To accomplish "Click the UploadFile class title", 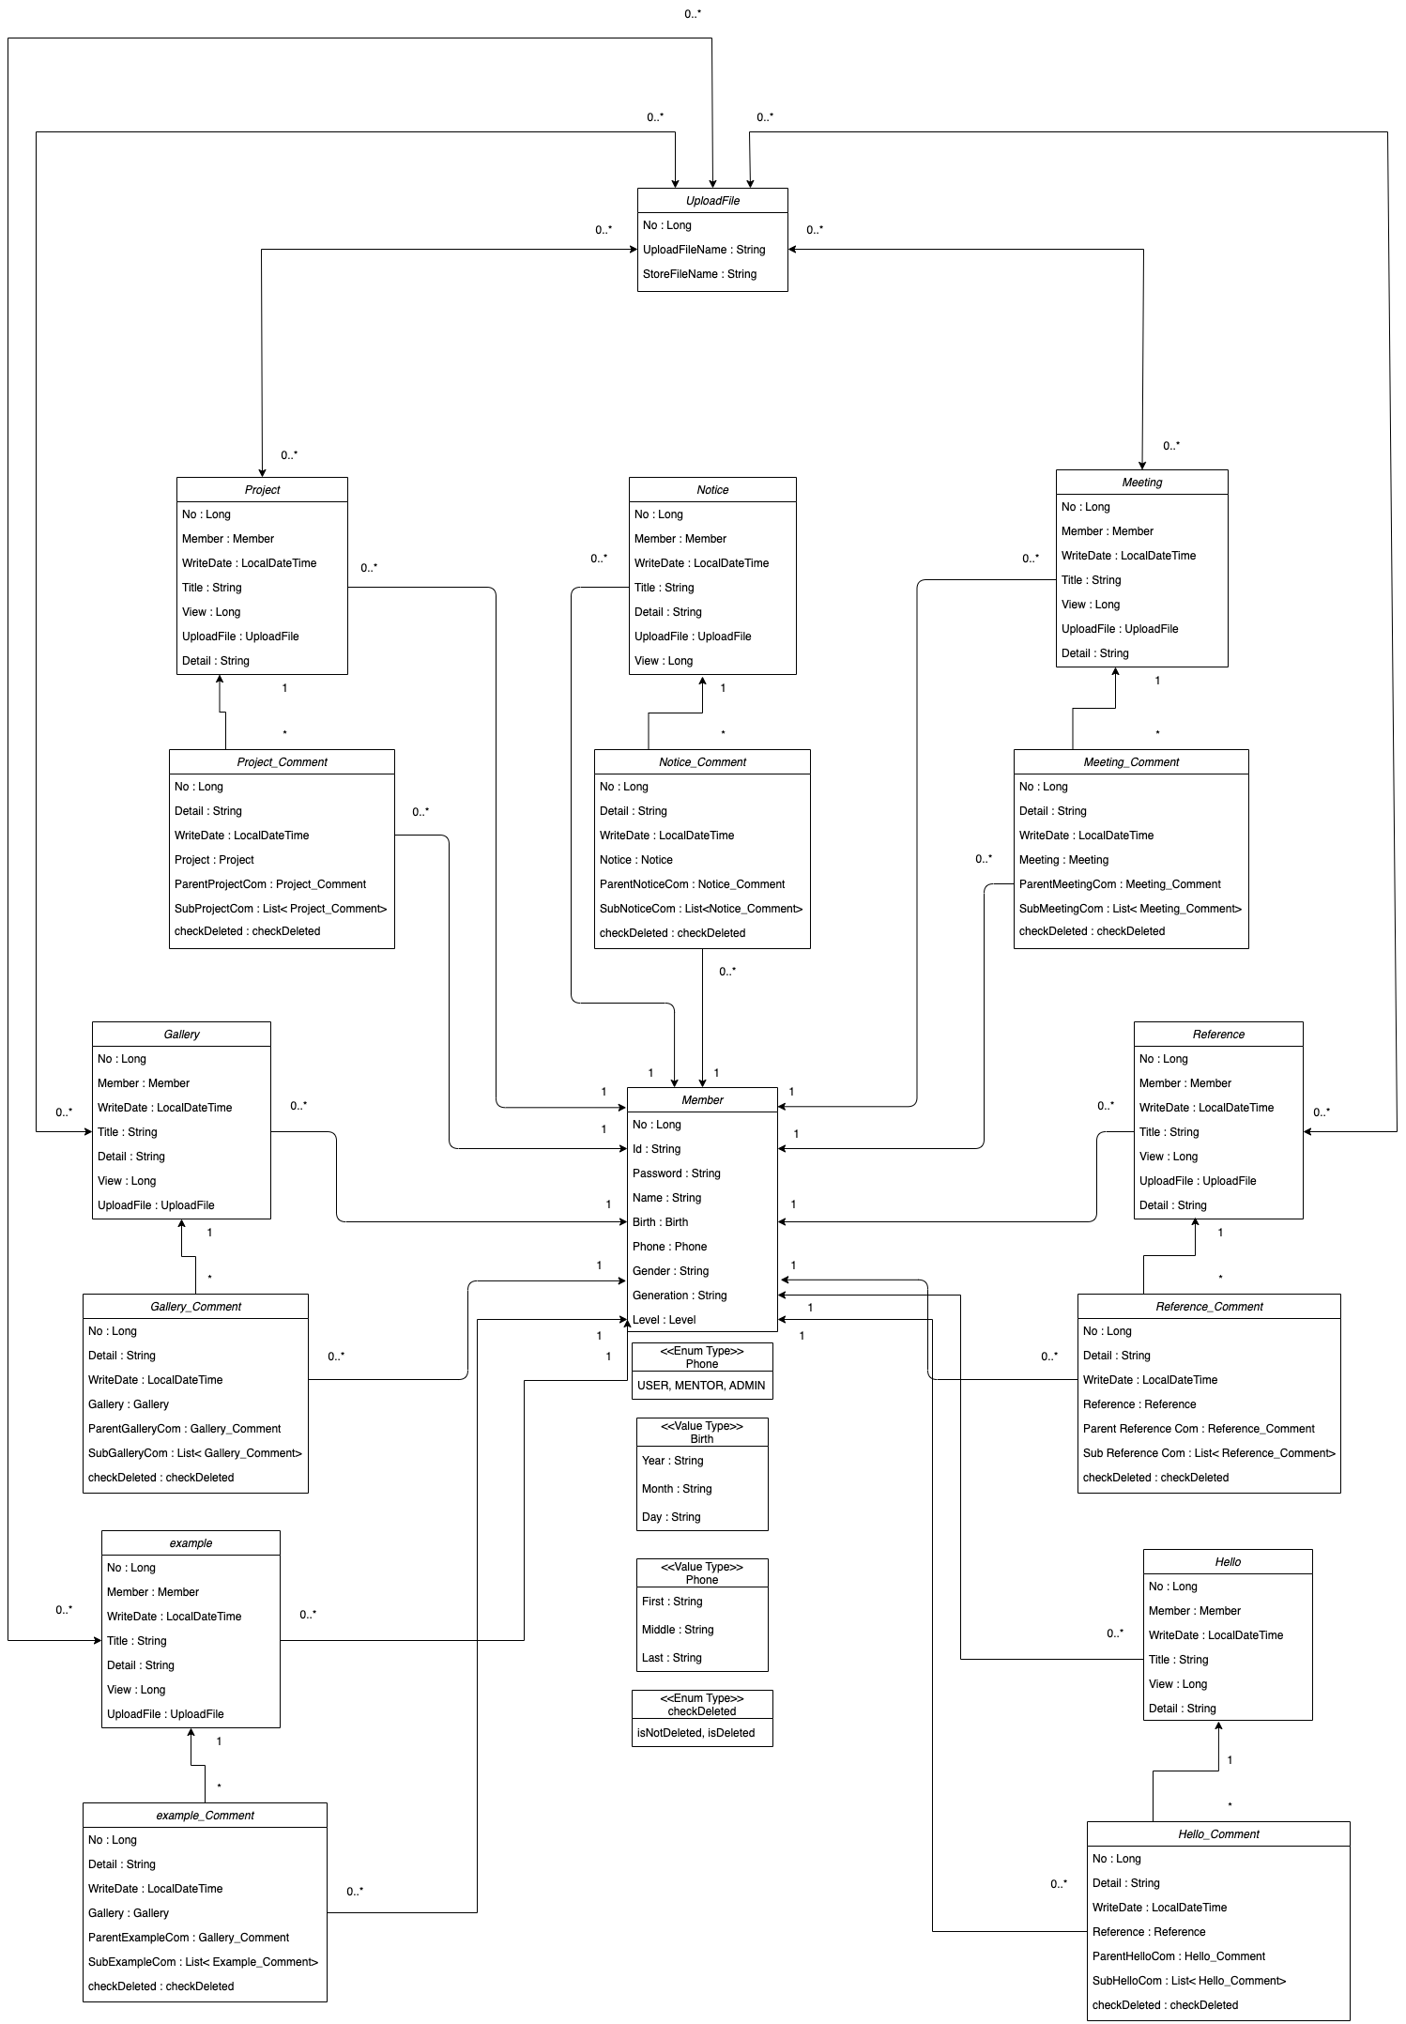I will (712, 201).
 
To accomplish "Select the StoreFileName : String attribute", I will (699, 274).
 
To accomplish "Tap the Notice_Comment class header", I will (702, 762).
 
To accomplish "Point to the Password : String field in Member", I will (676, 1173).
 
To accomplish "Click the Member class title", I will (702, 1100).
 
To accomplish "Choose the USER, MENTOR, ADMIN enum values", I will (701, 1386).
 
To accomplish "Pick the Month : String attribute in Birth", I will (677, 1489).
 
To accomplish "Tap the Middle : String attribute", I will (678, 1630).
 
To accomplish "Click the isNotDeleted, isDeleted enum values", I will (695, 1733).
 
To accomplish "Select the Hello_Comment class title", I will (1218, 1834).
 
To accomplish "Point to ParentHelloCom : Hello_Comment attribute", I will (1178, 1956).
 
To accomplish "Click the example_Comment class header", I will (205, 1816).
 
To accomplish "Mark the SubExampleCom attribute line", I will (203, 1962).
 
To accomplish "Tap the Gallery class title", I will (181, 1035).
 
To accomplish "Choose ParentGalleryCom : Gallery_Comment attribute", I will (184, 1429).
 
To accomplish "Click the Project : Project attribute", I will (214, 860).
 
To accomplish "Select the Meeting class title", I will (1141, 483).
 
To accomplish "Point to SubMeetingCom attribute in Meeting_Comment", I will (1130, 909).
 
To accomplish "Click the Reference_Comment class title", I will (1209, 1307).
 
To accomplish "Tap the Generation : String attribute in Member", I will (680, 1296).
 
